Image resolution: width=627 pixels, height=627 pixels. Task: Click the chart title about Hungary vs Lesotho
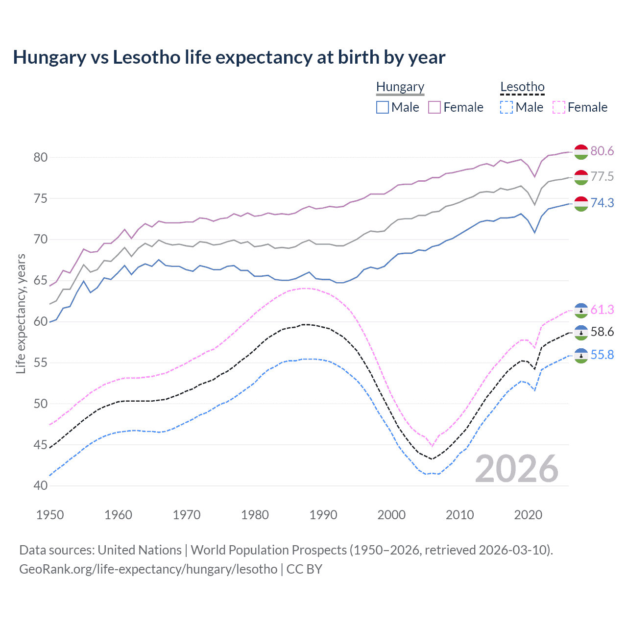[x=229, y=57]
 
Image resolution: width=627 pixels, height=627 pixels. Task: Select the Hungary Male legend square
[x=383, y=107]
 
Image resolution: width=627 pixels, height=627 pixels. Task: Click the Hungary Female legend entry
[x=456, y=107]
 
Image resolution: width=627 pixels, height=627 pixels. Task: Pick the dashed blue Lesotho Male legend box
[x=506, y=107]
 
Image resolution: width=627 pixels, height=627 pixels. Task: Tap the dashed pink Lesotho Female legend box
[x=559, y=107]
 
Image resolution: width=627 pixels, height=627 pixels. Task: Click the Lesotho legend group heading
[x=522, y=87]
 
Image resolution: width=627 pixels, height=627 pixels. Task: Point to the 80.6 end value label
[x=602, y=151]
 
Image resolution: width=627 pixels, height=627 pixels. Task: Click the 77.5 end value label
[x=602, y=176]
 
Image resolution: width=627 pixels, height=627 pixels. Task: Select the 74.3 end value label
[x=602, y=203]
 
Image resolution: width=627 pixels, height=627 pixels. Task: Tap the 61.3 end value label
[x=602, y=310]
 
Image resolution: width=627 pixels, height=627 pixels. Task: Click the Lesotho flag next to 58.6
[x=581, y=332]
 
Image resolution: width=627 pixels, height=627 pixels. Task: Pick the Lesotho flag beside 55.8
[x=581, y=355]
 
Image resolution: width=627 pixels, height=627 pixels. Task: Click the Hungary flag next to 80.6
[x=581, y=152]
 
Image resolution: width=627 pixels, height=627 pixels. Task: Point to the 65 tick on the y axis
[x=40, y=281]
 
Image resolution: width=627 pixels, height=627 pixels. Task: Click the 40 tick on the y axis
[x=40, y=486]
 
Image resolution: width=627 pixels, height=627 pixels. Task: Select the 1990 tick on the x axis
[x=323, y=515]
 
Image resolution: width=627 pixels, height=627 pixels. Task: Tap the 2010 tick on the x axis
[x=459, y=515]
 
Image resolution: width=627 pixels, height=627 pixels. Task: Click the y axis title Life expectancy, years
[x=21, y=313]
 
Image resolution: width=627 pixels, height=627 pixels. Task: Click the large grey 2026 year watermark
[x=516, y=469]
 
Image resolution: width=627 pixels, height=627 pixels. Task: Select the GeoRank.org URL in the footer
[x=148, y=569]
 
